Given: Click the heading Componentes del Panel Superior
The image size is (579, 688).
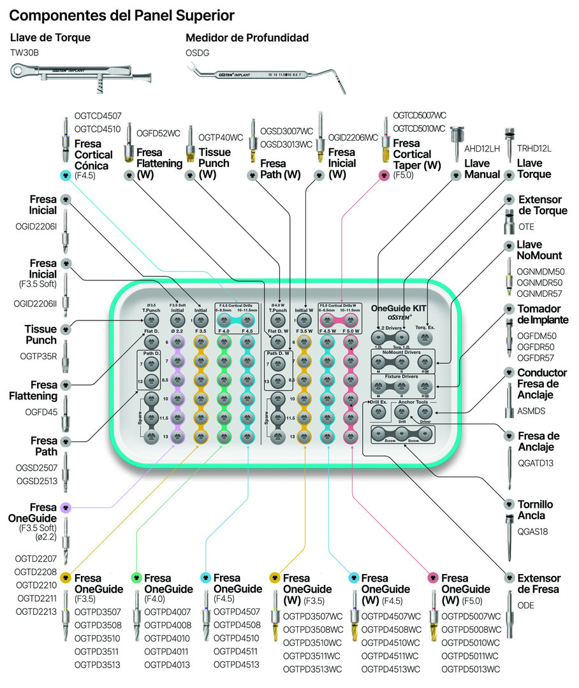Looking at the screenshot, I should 122,15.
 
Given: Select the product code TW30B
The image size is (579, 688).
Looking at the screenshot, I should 25,53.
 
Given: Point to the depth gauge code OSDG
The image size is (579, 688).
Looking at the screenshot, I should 198,53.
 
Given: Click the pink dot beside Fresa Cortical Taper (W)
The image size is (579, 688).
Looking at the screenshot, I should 384,175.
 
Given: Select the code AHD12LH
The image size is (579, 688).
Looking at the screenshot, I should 482,148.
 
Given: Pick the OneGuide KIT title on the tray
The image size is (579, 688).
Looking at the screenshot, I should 399,308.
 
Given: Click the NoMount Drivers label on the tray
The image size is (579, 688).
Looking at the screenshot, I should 402,352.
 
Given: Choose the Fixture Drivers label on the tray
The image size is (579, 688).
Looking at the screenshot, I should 402,377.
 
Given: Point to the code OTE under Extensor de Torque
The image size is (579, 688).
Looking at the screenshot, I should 526,227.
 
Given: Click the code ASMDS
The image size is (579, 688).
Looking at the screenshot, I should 531,411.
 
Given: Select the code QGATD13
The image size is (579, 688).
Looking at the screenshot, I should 536,463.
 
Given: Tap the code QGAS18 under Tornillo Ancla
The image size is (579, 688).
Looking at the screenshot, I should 532,531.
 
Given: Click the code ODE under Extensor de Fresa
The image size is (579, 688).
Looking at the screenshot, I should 526,605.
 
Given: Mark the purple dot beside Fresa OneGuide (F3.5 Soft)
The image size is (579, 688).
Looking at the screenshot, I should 66,508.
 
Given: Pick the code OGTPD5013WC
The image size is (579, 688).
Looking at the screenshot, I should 471,670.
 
